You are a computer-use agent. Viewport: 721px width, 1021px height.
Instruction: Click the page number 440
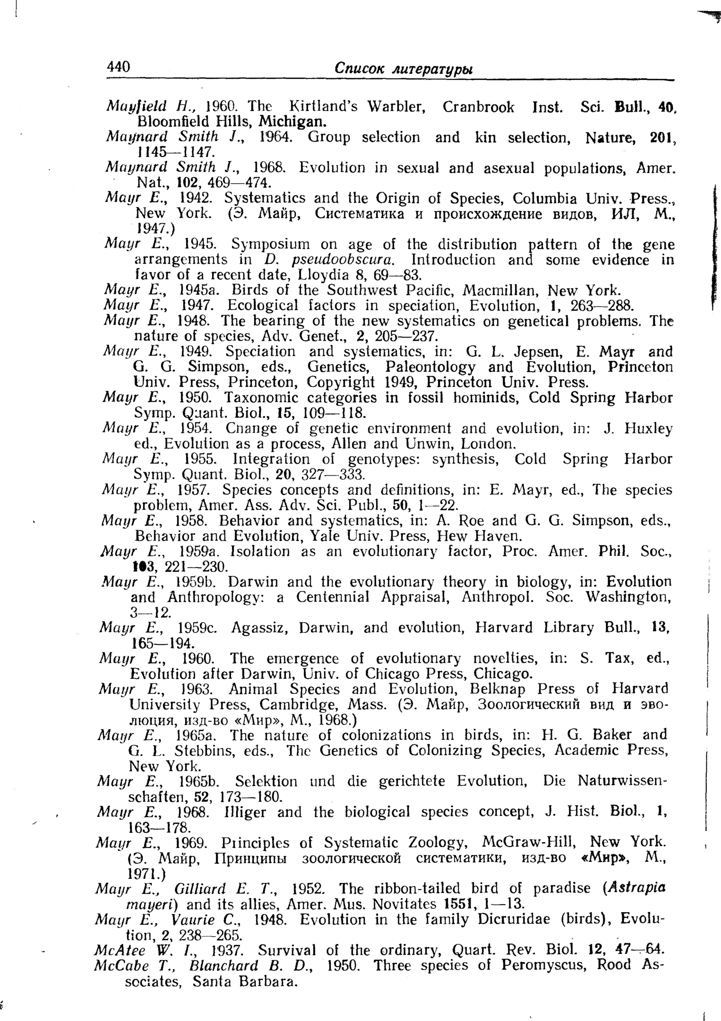pyautogui.click(x=118, y=67)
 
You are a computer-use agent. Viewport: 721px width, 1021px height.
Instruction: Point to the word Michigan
pyautogui.click(x=293, y=121)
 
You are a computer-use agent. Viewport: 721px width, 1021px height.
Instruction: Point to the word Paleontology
pyautogui.click(x=430, y=367)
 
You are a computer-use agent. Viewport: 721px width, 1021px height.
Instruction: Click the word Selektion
pyautogui.click(x=266, y=781)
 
